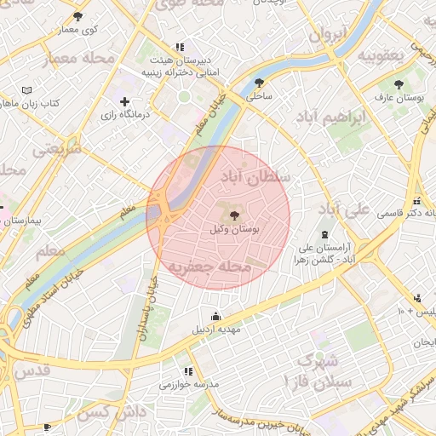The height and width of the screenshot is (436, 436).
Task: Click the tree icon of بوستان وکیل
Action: click(x=234, y=216)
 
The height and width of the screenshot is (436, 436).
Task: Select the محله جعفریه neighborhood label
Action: click(x=209, y=267)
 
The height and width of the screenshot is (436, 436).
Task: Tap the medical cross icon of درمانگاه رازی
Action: click(x=125, y=101)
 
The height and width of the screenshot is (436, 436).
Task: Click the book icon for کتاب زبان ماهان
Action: click(x=26, y=89)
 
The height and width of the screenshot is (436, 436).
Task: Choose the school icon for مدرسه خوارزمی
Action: click(x=188, y=371)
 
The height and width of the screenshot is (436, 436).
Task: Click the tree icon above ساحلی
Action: click(x=259, y=83)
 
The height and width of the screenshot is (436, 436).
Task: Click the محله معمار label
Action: click(x=72, y=58)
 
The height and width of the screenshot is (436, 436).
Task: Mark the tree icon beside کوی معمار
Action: click(x=78, y=16)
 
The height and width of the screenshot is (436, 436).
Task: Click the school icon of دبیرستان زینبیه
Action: click(x=179, y=48)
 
